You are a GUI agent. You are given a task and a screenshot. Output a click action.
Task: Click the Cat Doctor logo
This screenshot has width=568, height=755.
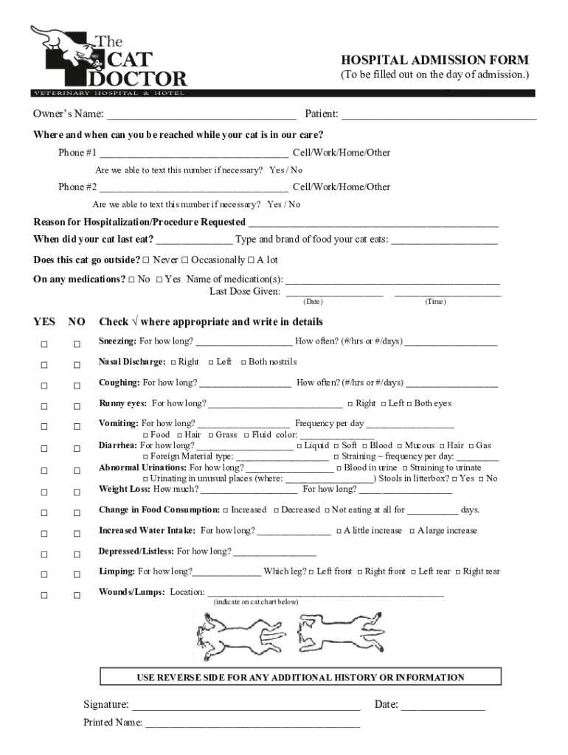(108, 60)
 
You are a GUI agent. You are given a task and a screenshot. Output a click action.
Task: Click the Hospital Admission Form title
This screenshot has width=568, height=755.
(434, 60)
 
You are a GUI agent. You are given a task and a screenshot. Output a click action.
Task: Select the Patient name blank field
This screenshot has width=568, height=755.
(438, 115)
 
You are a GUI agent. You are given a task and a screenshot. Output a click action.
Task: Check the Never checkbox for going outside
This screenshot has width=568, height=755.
(146, 260)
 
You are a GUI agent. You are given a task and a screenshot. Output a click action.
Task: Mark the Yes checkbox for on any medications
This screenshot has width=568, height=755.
(159, 279)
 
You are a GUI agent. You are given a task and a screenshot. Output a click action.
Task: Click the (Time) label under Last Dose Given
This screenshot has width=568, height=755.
(435, 302)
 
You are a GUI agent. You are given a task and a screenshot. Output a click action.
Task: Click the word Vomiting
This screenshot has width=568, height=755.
(118, 423)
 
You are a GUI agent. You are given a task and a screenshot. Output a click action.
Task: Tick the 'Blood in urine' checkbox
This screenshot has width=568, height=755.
(339, 468)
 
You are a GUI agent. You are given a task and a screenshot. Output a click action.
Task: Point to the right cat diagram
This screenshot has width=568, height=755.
(339, 633)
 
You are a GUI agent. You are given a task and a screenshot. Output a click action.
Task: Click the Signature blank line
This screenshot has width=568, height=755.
(246, 706)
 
